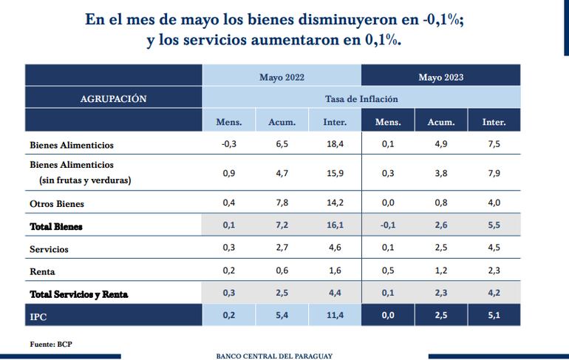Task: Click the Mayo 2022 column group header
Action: coord(282,77)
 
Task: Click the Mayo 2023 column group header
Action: coord(441,77)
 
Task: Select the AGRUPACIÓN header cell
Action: coord(113,99)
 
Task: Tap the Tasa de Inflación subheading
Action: coord(361,99)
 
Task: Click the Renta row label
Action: coord(43,271)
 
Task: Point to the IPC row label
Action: coord(39,316)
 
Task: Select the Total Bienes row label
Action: coord(56,226)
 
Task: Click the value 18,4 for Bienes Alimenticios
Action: coord(335,144)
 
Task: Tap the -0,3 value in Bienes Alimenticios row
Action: coord(228,144)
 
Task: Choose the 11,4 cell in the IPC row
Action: coord(335,316)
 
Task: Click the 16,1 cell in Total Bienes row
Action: coord(335,226)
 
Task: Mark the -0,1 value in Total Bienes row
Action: coord(388,226)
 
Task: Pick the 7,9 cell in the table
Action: coord(494,174)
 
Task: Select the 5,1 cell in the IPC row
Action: coord(494,316)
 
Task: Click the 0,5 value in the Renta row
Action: coord(388,271)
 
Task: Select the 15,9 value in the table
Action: coord(335,174)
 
